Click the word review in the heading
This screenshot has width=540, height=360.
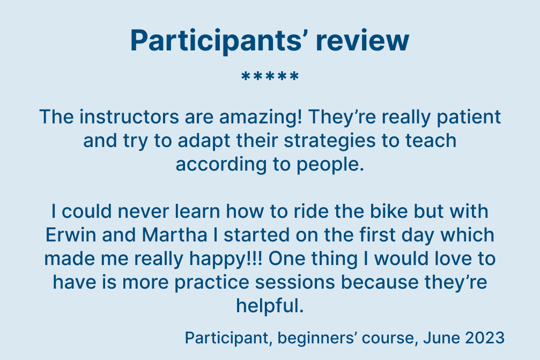click(363, 41)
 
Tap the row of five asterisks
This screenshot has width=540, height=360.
click(270, 76)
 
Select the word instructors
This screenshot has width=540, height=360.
click(129, 117)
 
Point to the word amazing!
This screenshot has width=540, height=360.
click(261, 117)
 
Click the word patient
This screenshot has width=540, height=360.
click(469, 117)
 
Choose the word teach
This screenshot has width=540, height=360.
click(431, 141)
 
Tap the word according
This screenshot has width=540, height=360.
click(221, 165)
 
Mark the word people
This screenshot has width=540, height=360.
click(330, 165)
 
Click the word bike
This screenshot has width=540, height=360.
click(389, 211)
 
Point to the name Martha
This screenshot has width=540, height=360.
click(175, 235)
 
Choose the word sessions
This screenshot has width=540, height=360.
click(295, 282)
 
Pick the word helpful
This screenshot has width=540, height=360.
click(270, 306)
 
